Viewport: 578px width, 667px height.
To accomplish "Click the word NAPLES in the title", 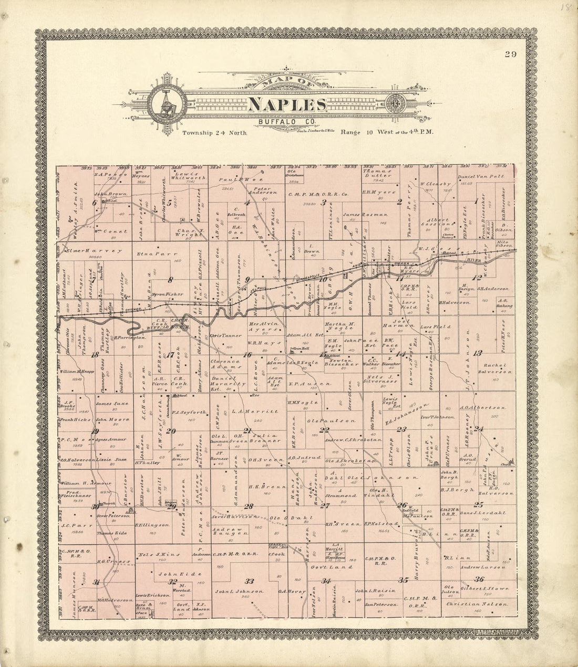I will (x=287, y=105).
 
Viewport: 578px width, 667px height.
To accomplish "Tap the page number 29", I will (x=510, y=55).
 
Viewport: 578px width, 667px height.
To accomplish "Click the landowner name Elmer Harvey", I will (x=95, y=251).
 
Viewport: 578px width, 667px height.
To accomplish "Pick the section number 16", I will (x=247, y=355).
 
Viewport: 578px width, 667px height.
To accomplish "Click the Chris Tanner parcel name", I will (x=225, y=335).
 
